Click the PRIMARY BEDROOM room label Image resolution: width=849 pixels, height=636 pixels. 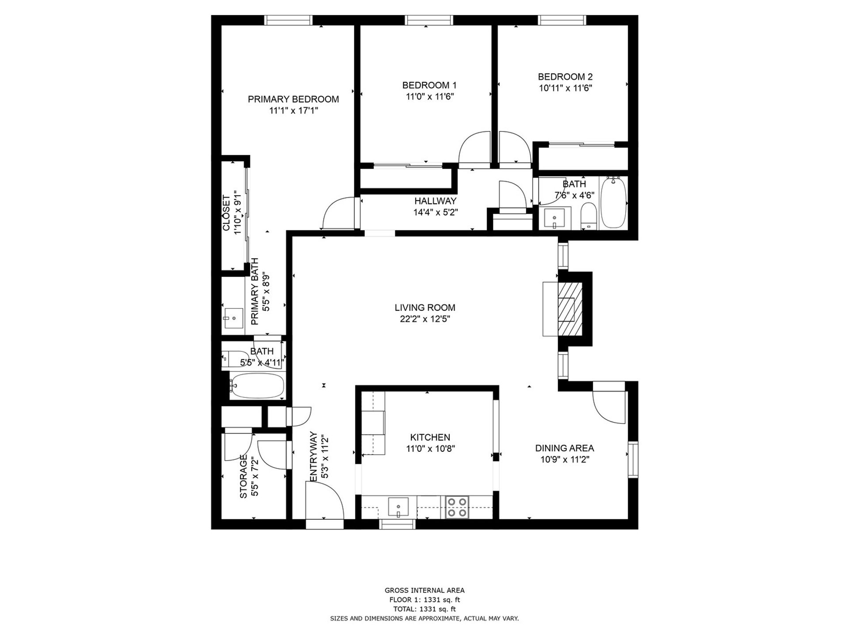point(293,99)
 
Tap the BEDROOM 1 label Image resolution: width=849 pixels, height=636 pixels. point(429,85)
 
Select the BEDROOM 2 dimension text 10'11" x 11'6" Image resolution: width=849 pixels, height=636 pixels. point(565,88)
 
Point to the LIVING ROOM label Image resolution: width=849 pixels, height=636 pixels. point(425,307)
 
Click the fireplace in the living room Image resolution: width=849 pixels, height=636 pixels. point(571,309)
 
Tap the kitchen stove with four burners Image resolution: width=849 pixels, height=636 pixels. point(457,507)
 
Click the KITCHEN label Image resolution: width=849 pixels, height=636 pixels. point(430,437)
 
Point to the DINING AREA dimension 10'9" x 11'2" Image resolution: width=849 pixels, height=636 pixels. point(565,459)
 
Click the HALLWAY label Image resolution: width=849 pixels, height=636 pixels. point(436,201)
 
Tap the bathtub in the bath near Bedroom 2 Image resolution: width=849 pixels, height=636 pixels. point(614,202)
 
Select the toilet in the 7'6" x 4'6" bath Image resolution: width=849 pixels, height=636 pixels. point(589,216)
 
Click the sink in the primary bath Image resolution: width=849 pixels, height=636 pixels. point(233,318)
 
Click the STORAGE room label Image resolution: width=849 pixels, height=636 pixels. point(243,477)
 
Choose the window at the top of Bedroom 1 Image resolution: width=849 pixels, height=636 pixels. point(429,20)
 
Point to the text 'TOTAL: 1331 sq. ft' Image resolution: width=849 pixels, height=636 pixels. point(424,609)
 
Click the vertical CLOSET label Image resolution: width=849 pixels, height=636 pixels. point(226,213)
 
